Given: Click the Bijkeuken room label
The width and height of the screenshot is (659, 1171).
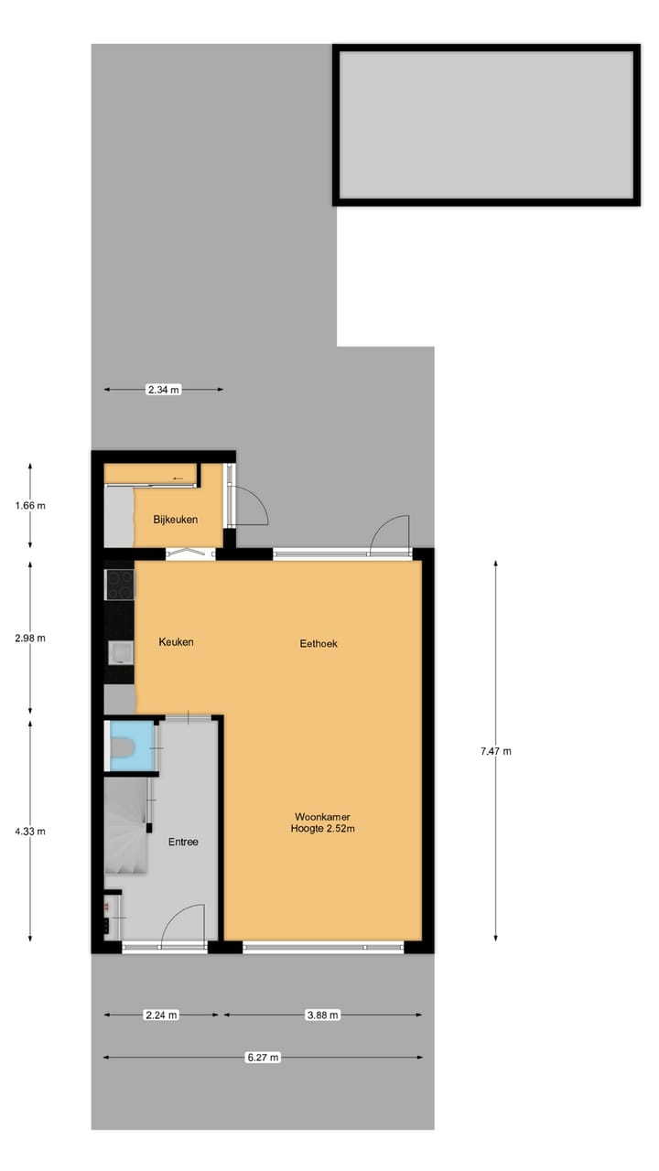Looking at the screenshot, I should coord(176,520).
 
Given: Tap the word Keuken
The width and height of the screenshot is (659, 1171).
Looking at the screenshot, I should coord(176,642).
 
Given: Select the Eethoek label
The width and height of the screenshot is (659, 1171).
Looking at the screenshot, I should coord(319,643).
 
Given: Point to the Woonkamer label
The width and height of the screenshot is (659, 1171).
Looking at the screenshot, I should coord(322,816).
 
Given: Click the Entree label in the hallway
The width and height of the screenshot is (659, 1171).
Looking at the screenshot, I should coord(183,842).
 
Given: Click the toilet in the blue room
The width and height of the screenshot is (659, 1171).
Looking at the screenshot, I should coord(124,750).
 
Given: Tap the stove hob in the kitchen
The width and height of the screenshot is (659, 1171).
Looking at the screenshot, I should coord(120,585).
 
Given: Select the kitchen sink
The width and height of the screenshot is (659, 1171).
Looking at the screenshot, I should coord(120,651).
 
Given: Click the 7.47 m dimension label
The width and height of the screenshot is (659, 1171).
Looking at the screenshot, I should coord(496,751).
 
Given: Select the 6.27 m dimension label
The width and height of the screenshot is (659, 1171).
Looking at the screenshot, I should coord(263,1058).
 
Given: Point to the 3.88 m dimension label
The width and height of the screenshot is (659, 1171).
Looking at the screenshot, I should coord(322,1015).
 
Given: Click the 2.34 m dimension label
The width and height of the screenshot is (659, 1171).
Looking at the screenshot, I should coord(164,390).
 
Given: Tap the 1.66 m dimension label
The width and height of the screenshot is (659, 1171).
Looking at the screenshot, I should coord(30,505).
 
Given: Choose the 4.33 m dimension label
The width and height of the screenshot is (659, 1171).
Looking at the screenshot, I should coord(30,831).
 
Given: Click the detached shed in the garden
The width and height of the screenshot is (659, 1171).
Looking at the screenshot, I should coord(486,124).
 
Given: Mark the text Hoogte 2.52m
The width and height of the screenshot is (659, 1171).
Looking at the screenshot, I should coord(322,830).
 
